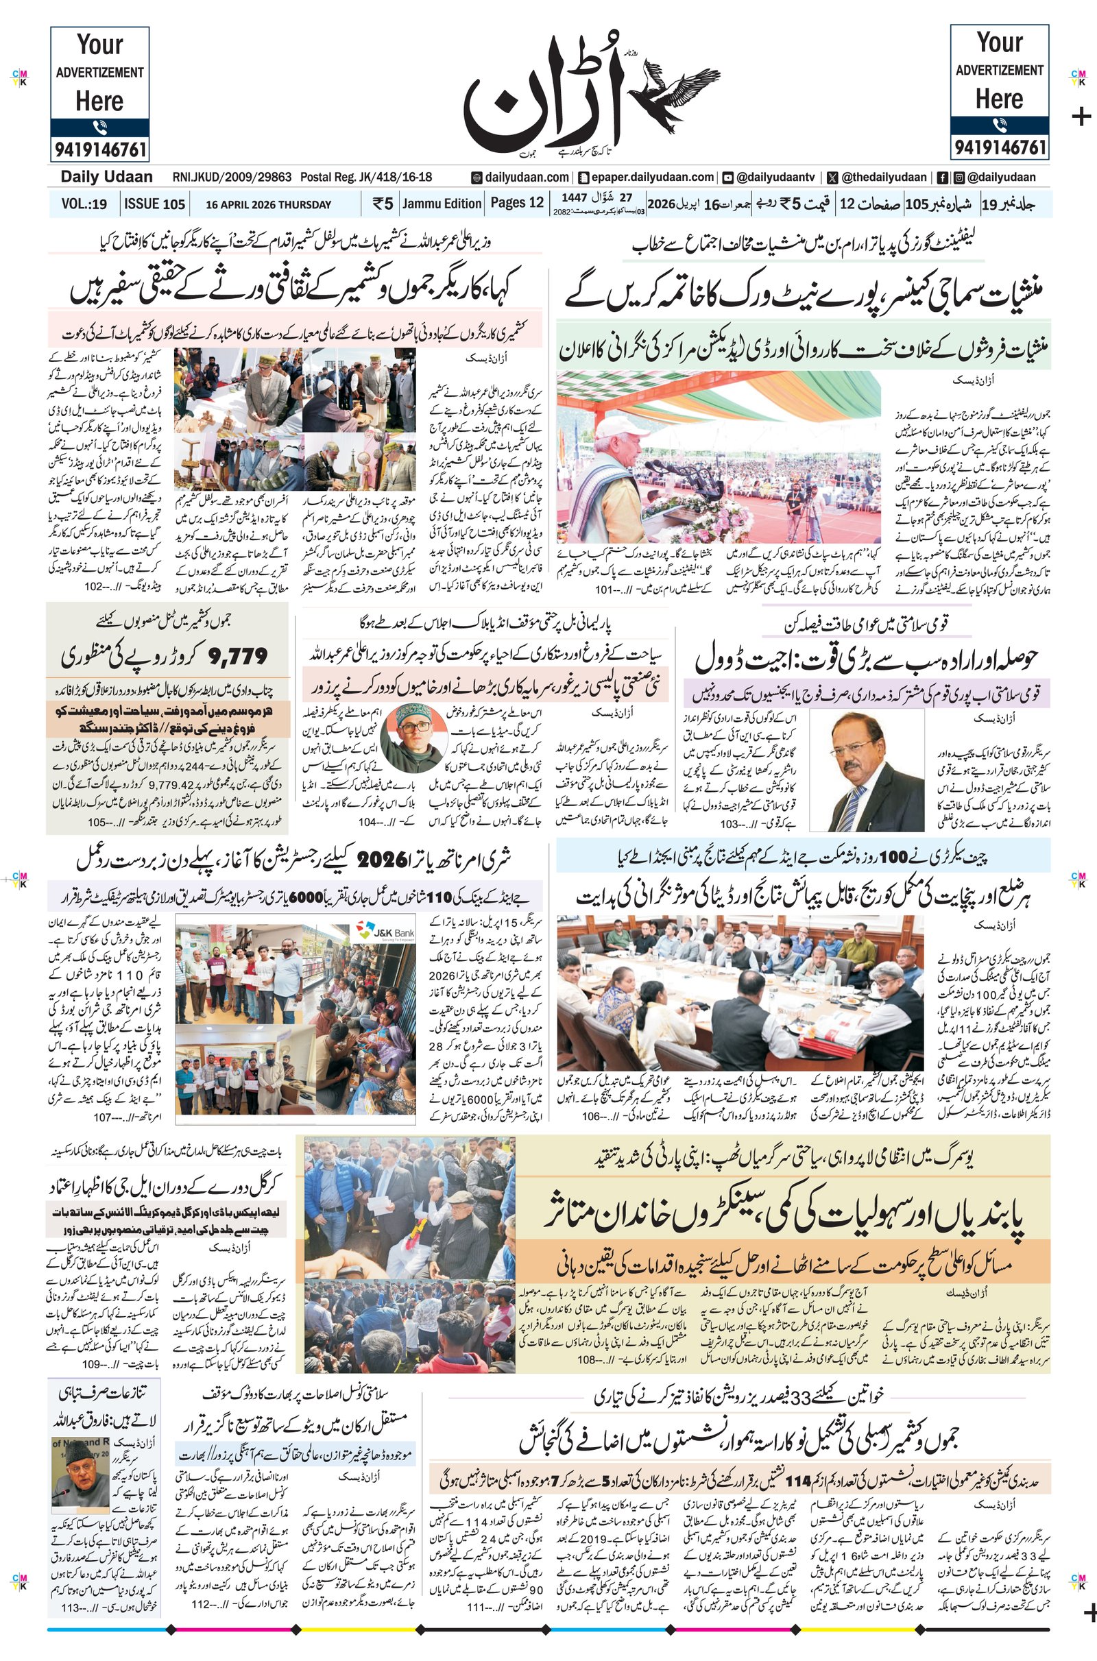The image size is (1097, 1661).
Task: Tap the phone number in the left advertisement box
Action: [x=99, y=149]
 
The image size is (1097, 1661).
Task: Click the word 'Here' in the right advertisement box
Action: [x=999, y=99]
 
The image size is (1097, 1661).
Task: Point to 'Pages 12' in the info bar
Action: [x=516, y=203]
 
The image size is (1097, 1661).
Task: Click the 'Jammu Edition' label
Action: [x=442, y=204]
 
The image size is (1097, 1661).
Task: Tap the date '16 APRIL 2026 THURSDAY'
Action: [x=268, y=205]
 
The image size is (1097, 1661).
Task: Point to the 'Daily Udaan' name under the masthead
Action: [x=106, y=177]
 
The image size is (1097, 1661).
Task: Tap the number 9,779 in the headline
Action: [x=238, y=656]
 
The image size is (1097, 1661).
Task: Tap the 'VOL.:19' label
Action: [x=84, y=204]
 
